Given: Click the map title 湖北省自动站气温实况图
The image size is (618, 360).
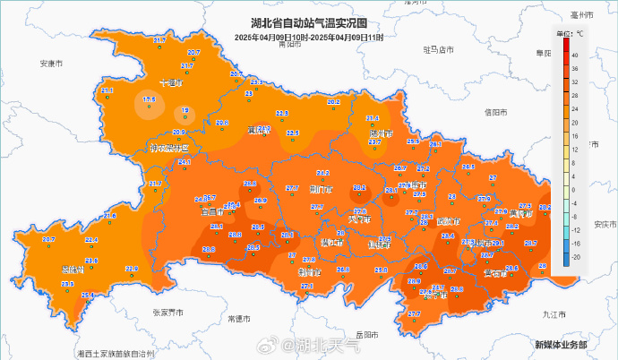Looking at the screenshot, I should (309, 26).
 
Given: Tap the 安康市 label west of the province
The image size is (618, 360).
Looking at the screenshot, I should (52, 64).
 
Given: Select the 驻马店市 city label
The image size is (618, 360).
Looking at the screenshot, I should (439, 50).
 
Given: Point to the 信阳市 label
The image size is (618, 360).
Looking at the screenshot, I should (495, 113).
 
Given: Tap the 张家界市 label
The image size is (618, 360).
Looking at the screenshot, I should (167, 313).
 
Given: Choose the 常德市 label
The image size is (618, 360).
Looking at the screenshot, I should (240, 318).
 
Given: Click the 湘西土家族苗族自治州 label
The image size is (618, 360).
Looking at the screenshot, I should (116, 355).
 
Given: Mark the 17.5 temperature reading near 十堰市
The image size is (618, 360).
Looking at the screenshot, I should (150, 99).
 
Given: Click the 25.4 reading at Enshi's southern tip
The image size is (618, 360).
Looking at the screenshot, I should (88, 296).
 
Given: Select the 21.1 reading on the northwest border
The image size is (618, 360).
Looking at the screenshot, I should (107, 90).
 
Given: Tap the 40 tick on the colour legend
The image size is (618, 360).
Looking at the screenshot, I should (573, 55).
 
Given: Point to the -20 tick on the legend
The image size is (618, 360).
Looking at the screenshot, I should (573, 256).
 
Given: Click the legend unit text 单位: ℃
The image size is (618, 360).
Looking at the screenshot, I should (570, 33).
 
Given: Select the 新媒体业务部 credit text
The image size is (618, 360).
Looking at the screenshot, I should (561, 344).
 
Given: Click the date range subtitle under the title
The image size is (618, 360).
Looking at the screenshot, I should (309, 38).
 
